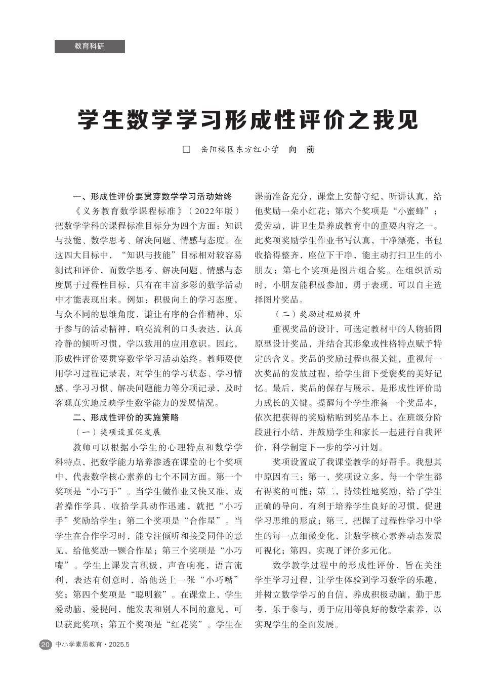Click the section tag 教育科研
point(90,47)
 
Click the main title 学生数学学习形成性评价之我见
point(248,120)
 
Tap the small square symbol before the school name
point(186,150)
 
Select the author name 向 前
point(302,150)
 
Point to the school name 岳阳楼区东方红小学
point(239,150)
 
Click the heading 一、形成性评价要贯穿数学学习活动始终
point(152,196)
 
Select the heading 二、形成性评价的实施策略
point(126,417)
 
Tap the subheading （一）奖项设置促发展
point(117,432)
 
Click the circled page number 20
point(46,645)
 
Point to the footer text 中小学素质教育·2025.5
point(93,645)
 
